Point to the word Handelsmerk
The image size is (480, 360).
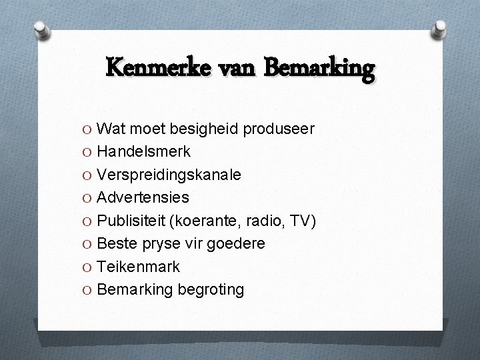(143, 151)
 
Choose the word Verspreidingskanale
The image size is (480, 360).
(169, 175)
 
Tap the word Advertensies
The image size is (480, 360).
(143, 197)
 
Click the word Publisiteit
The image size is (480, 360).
(134, 221)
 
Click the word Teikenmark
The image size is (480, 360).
(138, 267)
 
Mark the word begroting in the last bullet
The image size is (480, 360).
(209, 290)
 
